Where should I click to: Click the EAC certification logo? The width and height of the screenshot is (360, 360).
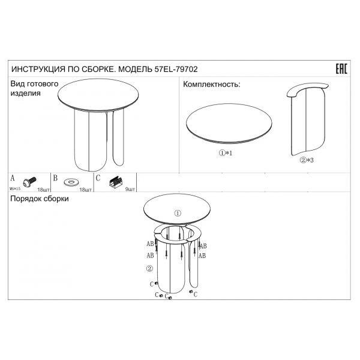coord(341,69)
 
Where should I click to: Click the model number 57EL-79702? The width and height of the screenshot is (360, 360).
coord(176,69)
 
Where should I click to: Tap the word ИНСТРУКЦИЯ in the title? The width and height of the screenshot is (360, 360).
coord(38,70)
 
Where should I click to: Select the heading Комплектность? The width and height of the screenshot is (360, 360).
coord(211,85)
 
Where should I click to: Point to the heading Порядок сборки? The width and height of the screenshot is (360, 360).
coord(40,199)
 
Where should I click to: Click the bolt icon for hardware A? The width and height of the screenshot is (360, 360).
coord(29,182)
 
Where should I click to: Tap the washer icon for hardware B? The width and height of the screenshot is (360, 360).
coord(71,182)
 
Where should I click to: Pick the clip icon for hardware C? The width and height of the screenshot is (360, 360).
coord(116,182)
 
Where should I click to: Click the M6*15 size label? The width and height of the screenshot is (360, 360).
coord(14,189)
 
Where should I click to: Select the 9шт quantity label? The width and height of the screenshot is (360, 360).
coord(130,190)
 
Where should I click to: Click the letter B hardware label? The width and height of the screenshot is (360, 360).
coord(55,178)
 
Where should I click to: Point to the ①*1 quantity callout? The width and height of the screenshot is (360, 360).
coord(226,153)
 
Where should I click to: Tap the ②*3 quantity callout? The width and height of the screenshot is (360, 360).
coord(307,160)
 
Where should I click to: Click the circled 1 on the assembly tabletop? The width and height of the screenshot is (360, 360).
coord(178,213)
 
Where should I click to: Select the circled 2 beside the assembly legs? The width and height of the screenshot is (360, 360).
coord(149,268)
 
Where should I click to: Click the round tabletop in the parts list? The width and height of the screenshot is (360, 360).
coord(229,123)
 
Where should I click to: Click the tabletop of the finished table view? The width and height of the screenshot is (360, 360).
coord(98,95)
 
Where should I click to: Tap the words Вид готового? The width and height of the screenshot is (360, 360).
coord(34,84)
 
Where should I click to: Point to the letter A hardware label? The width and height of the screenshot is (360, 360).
coord(13,178)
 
